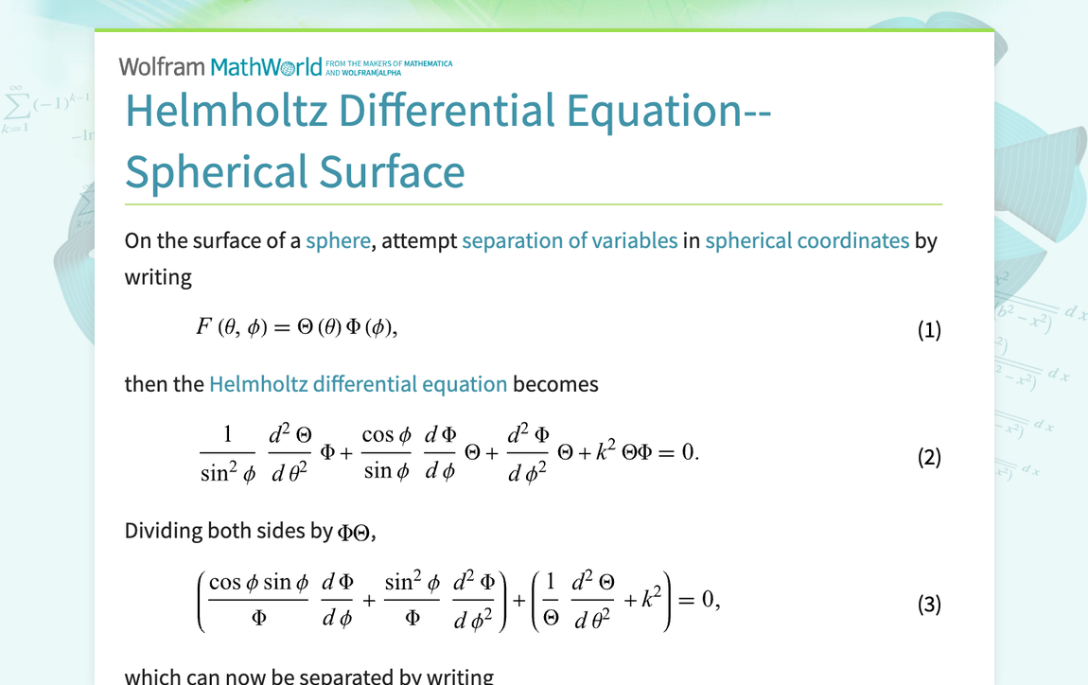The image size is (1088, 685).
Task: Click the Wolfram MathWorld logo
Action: pos(220,67)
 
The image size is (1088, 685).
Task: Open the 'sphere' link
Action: pos(338,240)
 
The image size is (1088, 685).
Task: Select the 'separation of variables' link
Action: pos(570,240)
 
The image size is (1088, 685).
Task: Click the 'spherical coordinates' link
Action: pos(807,240)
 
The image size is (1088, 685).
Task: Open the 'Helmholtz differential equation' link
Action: pos(358,384)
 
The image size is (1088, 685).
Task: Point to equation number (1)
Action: pos(929,330)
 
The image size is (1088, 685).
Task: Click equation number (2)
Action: pos(929,458)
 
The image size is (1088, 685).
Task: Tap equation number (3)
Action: pos(929,605)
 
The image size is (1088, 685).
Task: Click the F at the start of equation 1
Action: pos(203,327)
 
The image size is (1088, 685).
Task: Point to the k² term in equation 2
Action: pos(607,452)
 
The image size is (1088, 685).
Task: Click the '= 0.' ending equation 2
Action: pos(677,452)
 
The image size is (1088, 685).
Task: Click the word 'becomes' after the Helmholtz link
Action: pos(555,384)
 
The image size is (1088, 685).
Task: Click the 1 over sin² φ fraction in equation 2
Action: pos(227,454)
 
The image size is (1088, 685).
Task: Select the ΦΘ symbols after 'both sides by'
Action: pos(355,533)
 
